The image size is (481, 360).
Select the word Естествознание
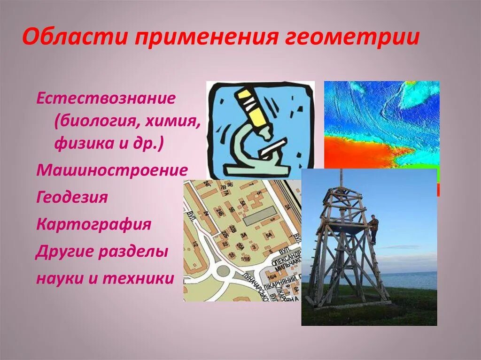pos(106,99)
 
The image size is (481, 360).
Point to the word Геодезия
pos(72,197)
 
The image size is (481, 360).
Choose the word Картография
pos(93,224)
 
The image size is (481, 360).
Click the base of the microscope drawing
pos(254,170)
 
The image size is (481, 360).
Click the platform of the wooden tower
pos(346,226)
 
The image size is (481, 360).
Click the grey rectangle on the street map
pos(259,216)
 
